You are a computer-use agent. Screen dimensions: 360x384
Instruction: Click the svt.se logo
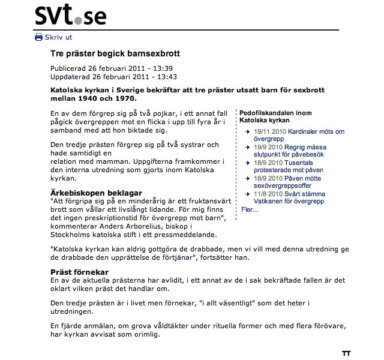[x=71, y=16]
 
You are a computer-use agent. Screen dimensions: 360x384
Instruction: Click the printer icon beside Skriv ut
[x=39, y=37]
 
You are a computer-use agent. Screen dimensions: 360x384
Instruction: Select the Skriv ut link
[x=58, y=37]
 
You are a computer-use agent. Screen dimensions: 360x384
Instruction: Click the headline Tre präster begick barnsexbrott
[x=115, y=54]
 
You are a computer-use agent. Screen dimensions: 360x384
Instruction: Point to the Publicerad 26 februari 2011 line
[x=111, y=68]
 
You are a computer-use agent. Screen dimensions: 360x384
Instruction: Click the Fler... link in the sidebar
[x=249, y=209]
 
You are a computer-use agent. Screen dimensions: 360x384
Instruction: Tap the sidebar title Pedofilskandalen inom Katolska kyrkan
[x=275, y=116]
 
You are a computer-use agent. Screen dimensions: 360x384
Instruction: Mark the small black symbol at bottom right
[x=346, y=353]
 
